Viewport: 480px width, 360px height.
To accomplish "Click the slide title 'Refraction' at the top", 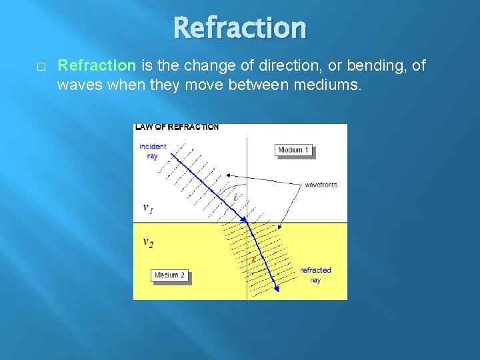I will pyautogui.click(x=240, y=28).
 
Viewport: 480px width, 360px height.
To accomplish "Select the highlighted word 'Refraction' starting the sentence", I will pyautogui.click(x=97, y=65).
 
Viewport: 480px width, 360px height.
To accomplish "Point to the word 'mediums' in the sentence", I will pyautogui.click(x=330, y=85).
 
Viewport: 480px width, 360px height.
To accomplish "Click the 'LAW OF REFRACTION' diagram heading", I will pyautogui.click(x=177, y=127).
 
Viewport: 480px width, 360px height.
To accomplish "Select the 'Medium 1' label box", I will pyautogui.click(x=293, y=150).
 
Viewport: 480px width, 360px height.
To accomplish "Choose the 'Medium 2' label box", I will pyautogui.click(x=171, y=275).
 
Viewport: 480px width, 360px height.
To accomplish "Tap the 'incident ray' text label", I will pyautogui.click(x=153, y=151).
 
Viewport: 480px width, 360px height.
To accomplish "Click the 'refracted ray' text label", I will pyautogui.click(x=315, y=275).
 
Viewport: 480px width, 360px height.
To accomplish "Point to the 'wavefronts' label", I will pyautogui.click(x=321, y=185).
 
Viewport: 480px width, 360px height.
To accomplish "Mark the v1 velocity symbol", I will pyautogui.click(x=147, y=207).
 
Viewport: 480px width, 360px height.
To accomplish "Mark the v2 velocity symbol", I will pyautogui.click(x=147, y=242).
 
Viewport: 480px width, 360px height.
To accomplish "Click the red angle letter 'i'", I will pyautogui.click(x=235, y=197).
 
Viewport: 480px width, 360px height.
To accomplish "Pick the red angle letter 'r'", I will pyautogui.click(x=253, y=259).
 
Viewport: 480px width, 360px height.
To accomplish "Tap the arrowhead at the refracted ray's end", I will pyautogui.click(x=276, y=287).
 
